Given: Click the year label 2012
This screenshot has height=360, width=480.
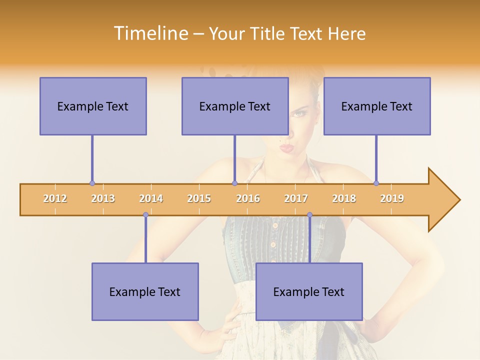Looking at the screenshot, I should click(x=55, y=198).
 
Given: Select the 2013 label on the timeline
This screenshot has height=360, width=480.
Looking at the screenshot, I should click(x=103, y=198).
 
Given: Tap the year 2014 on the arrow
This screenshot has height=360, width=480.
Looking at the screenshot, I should click(x=151, y=198).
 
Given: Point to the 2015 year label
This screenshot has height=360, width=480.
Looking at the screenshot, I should click(x=199, y=198).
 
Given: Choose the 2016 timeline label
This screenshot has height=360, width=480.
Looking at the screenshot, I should click(x=248, y=198).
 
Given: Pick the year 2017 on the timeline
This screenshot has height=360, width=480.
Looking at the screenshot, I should click(x=296, y=198).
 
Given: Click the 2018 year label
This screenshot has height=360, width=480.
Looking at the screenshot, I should click(x=344, y=198).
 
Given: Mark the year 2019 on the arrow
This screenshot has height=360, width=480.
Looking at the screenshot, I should click(x=392, y=198).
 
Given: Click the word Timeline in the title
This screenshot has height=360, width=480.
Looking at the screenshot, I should click(x=150, y=33).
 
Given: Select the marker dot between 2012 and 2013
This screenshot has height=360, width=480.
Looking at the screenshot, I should click(x=92, y=183).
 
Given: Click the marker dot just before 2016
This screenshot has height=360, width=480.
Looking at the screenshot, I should click(x=234, y=183).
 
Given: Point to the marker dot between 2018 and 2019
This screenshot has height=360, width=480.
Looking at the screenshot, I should click(x=376, y=183).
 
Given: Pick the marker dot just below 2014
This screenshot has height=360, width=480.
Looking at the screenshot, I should click(x=145, y=215).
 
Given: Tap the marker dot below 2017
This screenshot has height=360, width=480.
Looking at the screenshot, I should click(x=309, y=215).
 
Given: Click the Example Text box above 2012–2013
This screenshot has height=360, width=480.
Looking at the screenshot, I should click(x=93, y=106).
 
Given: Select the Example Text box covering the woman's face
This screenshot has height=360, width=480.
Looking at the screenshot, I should click(x=235, y=106).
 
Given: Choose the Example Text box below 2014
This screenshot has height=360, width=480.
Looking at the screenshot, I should click(x=145, y=291).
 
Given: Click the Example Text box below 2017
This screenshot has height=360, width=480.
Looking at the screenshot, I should click(x=309, y=291).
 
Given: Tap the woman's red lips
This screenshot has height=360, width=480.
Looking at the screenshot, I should click(x=286, y=147).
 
